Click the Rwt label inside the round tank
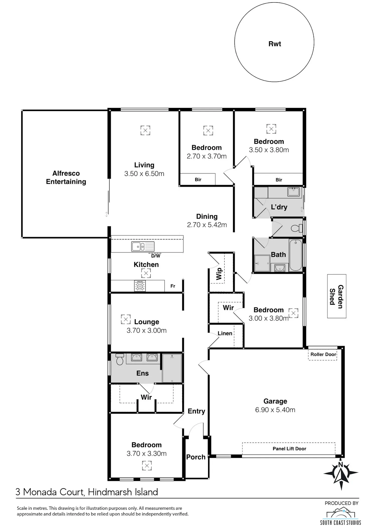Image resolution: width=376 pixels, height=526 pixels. tap(275, 44)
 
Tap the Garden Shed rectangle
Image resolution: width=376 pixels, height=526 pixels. tap(337, 296)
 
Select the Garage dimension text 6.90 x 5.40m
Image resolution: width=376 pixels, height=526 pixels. tap(275, 410)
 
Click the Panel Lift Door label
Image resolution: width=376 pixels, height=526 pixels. tap(289, 449)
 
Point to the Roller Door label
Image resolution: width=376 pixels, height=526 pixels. tap(323, 354)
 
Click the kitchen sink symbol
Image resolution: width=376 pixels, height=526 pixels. tap(143, 246)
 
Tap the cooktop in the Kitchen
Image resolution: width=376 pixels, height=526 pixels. tap(140, 286)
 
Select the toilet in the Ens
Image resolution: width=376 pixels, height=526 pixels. tap(120, 359)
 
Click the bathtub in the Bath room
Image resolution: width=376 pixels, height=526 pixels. tap(296, 255)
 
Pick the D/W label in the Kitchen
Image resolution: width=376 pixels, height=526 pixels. tap(156, 256)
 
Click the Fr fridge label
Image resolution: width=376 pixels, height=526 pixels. tap(173, 286)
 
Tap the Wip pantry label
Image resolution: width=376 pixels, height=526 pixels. tap(219, 274)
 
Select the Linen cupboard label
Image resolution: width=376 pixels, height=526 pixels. tap(225, 333)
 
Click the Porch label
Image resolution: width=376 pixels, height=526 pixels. tap(196, 457)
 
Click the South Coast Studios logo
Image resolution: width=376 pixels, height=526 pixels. tap(341, 516)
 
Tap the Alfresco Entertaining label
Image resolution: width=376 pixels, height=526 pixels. tap(66, 177)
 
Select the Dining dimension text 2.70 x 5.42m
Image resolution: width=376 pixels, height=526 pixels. tap(207, 225)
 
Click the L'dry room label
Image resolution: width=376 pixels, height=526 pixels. tap(279, 207)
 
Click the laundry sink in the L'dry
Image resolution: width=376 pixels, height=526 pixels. tap(294, 192)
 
